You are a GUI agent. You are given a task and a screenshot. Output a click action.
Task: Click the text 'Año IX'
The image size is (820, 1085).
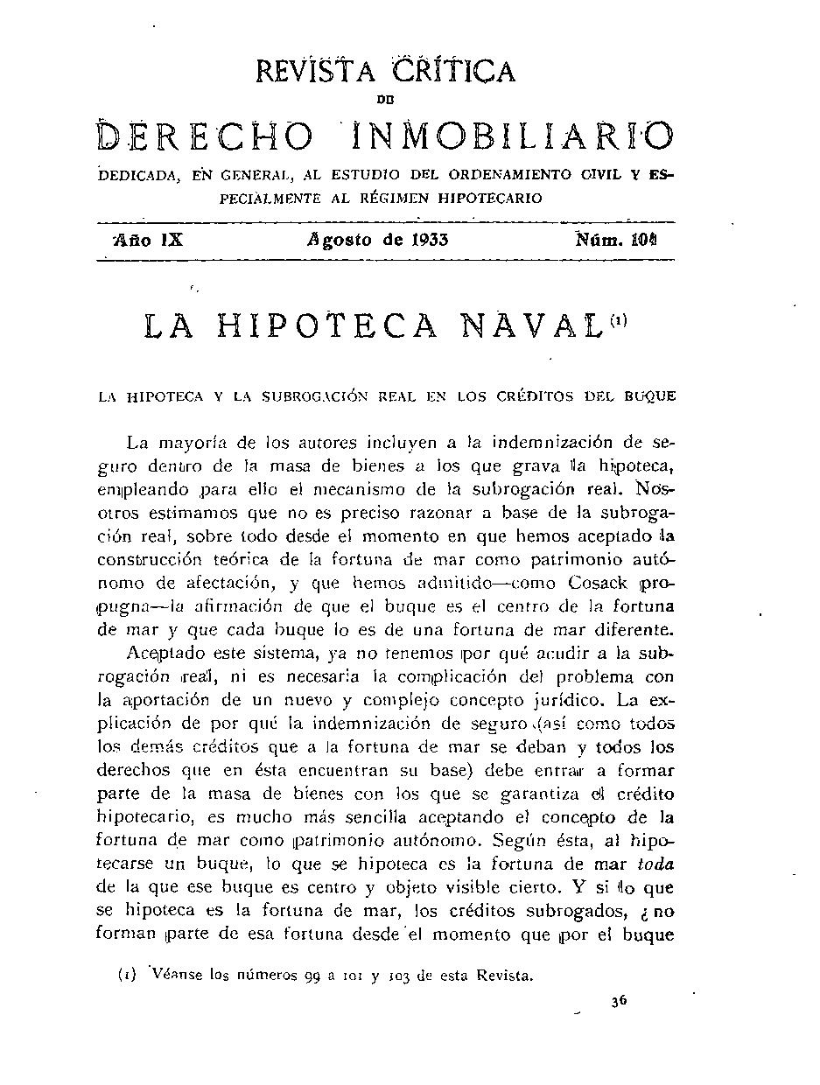(x=148, y=240)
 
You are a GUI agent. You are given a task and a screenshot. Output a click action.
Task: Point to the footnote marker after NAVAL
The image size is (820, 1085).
(x=618, y=319)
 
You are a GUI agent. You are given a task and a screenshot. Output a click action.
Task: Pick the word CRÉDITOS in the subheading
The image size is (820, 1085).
(x=535, y=395)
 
